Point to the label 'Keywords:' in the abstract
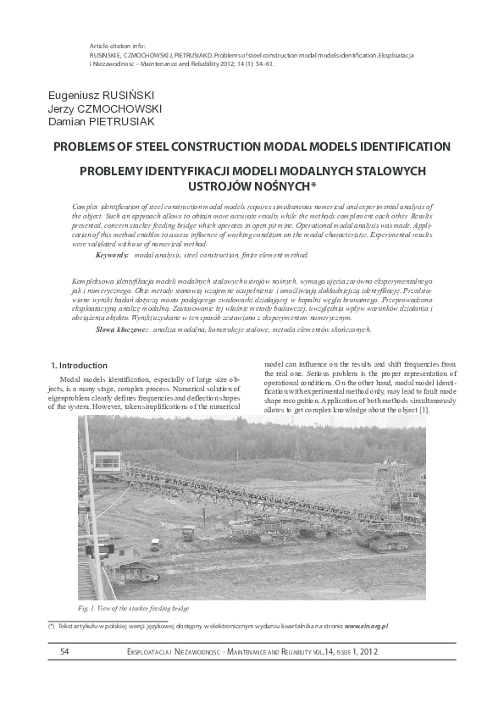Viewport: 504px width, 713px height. click(113, 254)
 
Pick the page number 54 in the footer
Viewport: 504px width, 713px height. click(65, 651)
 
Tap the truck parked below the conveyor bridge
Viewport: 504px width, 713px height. click(189, 533)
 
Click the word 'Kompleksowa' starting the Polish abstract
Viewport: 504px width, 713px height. click(93, 279)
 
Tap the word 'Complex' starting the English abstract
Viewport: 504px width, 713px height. click(87, 206)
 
